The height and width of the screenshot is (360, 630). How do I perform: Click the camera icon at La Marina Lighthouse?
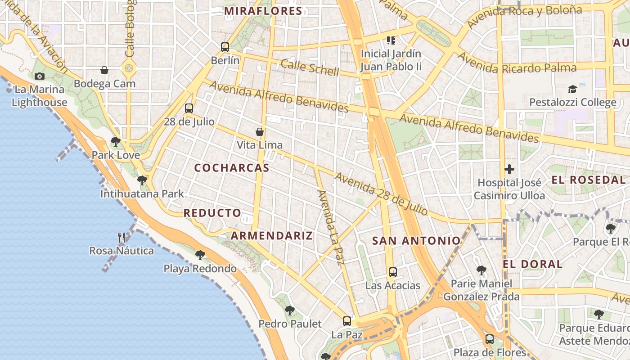click(x=40, y=76)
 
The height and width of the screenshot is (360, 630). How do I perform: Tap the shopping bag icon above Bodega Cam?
click(x=104, y=70)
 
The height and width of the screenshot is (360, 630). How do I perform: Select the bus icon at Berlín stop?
click(x=225, y=47)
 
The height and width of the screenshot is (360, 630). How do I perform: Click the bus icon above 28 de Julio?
click(x=189, y=108)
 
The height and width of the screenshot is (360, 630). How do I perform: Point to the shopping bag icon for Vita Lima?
click(x=260, y=131)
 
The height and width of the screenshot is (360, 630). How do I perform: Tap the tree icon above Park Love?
click(x=116, y=142)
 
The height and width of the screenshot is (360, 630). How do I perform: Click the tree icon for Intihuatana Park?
click(x=142, y=180)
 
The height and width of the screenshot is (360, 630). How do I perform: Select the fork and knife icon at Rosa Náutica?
click(x=121, y=237)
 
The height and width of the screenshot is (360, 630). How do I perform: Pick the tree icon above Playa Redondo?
click(x=200, y=255)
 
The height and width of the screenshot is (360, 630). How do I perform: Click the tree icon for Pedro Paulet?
click(x=290, y=310)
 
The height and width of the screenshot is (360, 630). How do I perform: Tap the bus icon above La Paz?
click(x=346, y=321)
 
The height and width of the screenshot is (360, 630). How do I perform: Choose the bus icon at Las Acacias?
click(x=393, y=272)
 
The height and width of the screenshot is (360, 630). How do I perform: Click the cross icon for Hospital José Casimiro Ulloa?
click(x=509, y=169)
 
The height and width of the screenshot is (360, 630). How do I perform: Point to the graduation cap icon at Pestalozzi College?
click(x=572, y=89)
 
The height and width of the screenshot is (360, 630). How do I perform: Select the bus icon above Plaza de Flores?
click(x=490, y=339)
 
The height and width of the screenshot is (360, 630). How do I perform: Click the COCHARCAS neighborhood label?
click(x=232, y=168)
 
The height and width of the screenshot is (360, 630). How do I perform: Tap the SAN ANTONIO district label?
click(x=416, y=241)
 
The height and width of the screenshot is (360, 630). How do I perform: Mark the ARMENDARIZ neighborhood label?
click(x=271, y=235)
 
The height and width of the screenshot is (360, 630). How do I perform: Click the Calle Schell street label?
click(x=310, y=67)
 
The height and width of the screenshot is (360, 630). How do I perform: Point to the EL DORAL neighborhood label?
click(x=533, y=264)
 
